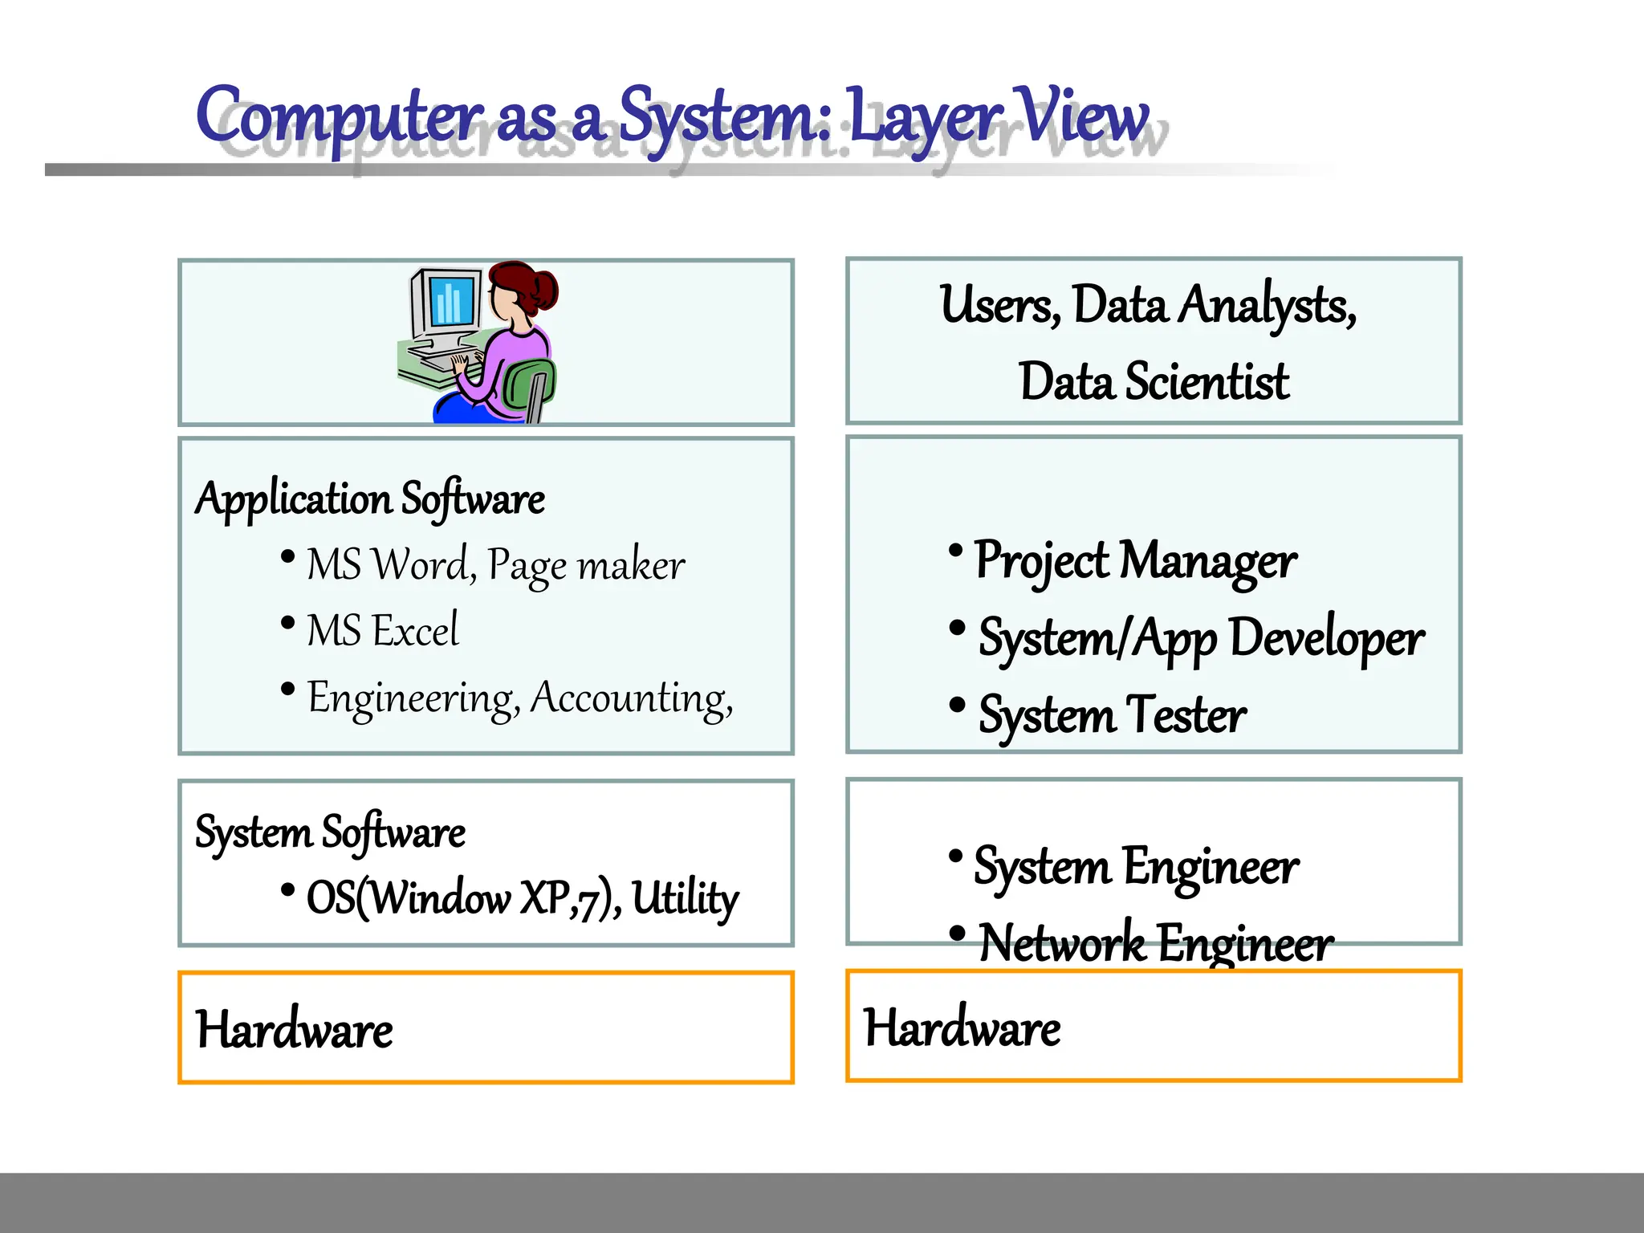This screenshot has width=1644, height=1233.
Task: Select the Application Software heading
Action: coord(370,499)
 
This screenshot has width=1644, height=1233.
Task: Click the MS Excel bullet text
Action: coord(383,630)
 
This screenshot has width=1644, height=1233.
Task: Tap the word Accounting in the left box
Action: coord(631,698)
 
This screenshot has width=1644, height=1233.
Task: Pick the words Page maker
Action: coord(586,564)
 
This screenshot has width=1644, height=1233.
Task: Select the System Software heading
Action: coord(330,832)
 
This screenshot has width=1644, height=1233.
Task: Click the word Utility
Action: coord(685,897)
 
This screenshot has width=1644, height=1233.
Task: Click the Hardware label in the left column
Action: coord(295,1030)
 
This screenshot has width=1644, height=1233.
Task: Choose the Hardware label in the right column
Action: coord(962,1028)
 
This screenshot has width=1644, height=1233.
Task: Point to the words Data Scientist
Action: coord(1154,381)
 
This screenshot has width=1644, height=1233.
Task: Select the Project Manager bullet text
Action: coord(1135,560)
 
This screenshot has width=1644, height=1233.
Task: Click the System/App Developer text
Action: coord(1201,639)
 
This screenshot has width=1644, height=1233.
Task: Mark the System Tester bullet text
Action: coord(1113,715)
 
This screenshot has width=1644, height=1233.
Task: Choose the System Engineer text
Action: coord(1136,867)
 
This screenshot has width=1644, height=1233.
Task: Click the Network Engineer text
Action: coord(1156,943)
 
